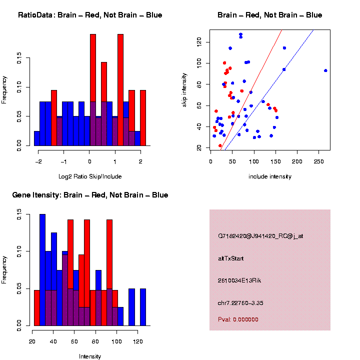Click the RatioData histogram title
(x=90, y=15)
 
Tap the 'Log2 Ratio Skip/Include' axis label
(x=90, y=176)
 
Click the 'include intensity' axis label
(x=270, y=176)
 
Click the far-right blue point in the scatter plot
(x=325, y=70)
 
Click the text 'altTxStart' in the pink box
(x=230, y=258)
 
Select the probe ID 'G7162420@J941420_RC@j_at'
(x=260, y=236)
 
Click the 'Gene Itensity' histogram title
(x=90, y=194)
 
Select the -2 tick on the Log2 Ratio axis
(x=38, y=162)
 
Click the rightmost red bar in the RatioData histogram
(x=143, y=117)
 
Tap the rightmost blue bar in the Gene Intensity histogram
(x=143, y=307)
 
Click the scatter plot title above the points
(x=270, y=15)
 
